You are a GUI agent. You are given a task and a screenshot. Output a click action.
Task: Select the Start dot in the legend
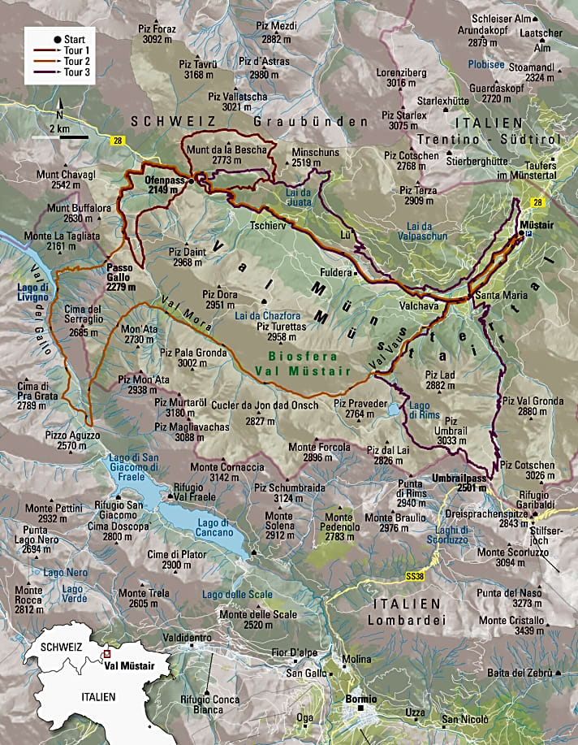(x=57, y=39)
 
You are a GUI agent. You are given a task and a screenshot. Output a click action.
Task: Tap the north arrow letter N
(x=60, y=115)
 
